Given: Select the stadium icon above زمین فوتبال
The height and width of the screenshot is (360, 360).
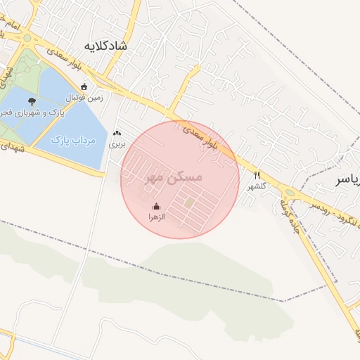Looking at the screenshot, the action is coord(84,87).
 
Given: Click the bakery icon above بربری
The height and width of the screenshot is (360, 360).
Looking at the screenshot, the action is coord(117,132).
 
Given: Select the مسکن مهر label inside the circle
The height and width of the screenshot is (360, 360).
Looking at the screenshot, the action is coord(173,177).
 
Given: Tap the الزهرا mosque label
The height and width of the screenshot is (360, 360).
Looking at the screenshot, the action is coord(156,218).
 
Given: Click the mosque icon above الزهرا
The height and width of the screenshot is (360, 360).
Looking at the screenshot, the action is coord(156,207).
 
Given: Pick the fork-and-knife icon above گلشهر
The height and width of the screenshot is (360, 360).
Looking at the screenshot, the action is coord(258,176).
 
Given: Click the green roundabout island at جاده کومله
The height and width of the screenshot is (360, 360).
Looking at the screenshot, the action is coord(290,193).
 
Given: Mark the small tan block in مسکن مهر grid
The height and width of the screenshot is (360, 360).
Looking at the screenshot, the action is coord(189,203).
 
